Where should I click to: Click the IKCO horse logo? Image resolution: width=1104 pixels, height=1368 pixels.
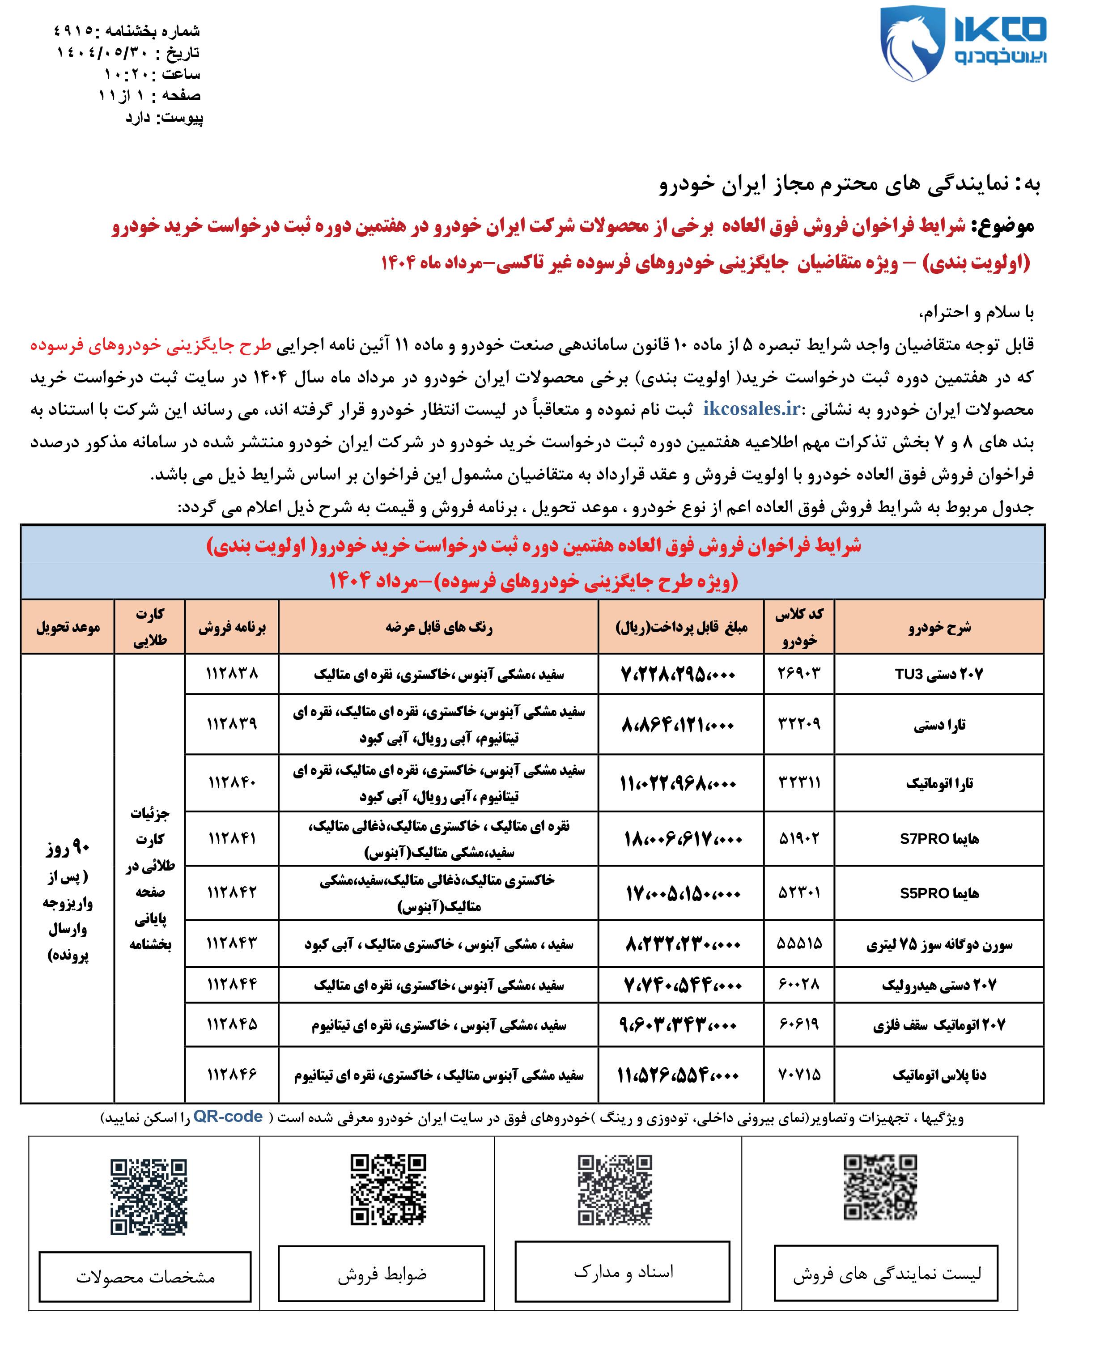click(x=913, y=43)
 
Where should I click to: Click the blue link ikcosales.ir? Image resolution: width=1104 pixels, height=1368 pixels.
click(x=751, y=408)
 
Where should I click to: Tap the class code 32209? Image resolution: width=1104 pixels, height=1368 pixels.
click(x=799, y=724)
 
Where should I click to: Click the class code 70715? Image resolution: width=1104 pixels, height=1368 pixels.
click(x=799, y=1075)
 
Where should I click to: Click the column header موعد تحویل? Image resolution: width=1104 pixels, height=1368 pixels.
click(x=68, y=627)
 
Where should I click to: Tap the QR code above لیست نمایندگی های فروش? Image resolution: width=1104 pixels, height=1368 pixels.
click(x=880, y=1187)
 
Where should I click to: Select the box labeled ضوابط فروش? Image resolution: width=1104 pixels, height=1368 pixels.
click(x=382, y=1274)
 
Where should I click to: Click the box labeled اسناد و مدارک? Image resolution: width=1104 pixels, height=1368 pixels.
click(x=623, y=1272)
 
